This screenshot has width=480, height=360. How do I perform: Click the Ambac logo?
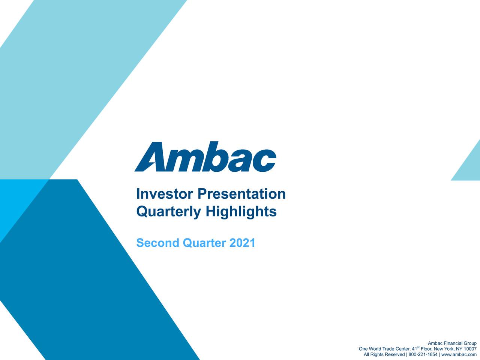click(205, 157)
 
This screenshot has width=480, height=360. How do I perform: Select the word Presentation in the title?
click(241, 194)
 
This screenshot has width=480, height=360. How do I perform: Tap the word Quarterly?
click(168, 212)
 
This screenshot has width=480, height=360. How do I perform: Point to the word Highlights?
click(241, 212)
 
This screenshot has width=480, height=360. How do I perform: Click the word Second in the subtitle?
click(157, 243)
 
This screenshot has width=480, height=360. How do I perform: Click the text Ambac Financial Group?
click(452, 343)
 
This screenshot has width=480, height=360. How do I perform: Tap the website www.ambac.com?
click(459, 355)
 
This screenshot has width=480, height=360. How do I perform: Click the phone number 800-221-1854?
click(423, 355)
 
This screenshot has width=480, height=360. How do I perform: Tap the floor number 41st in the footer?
click(415, 349)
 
